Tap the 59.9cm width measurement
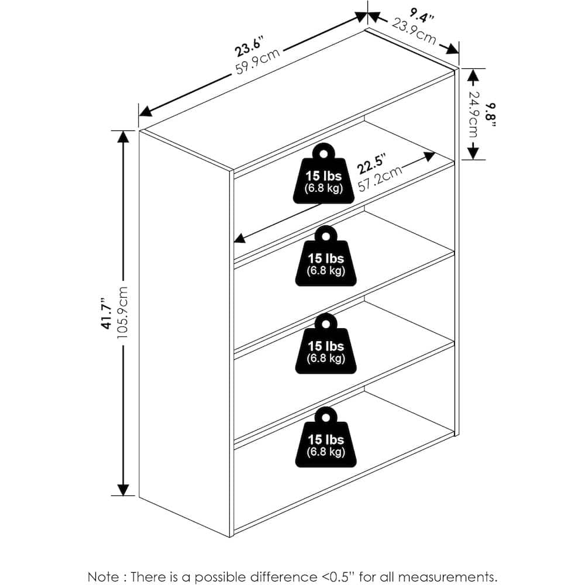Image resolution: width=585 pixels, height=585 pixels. click(258, 61)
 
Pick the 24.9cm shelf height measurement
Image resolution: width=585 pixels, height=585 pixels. click(473, 114)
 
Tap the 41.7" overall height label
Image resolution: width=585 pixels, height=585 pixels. click(107, 313)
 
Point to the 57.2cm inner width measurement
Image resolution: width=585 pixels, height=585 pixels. click(380, 178)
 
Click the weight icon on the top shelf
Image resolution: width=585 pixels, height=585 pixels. click(324, 174)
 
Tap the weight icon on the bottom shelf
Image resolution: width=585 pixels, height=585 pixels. click(326, 437)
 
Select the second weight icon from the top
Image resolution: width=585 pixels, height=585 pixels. click(326, 256)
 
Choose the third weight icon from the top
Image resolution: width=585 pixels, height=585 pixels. click(326, 343)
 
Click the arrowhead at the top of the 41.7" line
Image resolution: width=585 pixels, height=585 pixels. click(123, 136)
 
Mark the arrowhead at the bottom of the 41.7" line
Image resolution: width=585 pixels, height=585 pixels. click(123, 490)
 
